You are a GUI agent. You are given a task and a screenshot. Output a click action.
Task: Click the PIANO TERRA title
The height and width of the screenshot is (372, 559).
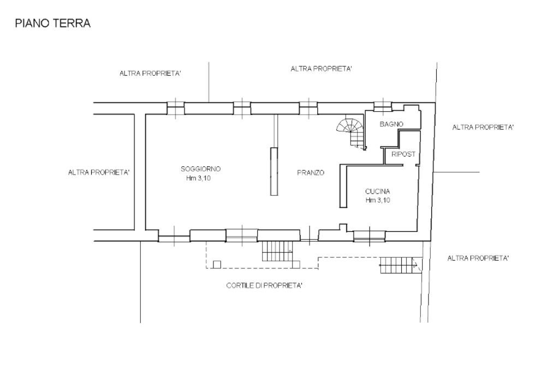click(53, 23)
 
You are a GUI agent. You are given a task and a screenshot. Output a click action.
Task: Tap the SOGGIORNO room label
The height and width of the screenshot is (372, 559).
click(201, 169)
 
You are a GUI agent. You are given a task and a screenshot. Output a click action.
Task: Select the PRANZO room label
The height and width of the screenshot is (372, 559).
click(311, 173)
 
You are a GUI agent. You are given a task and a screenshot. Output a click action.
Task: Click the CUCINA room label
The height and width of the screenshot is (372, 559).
click(378, 191)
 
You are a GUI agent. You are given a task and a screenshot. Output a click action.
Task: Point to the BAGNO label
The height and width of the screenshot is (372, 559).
click(391, 124)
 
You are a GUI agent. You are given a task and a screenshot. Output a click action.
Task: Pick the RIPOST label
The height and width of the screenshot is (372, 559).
click(403, 154)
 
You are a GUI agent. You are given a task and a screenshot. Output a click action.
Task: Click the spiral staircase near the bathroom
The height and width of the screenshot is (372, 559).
click(351, 133)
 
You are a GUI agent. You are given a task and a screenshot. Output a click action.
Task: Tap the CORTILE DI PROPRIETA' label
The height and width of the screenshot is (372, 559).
click(265, 285)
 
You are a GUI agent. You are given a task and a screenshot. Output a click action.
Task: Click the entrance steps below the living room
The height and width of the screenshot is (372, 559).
click(277, 251)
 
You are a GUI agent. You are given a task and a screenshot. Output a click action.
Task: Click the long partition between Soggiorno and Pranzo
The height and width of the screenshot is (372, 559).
click(274, 171)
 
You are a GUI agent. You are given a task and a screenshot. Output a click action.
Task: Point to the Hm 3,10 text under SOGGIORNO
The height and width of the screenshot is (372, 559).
click(199, 178)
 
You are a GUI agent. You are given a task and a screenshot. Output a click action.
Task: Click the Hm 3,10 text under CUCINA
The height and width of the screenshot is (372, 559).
click(378, 200)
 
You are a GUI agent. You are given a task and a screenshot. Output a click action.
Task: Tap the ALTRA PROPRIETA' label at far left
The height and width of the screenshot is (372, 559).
click(99, 172)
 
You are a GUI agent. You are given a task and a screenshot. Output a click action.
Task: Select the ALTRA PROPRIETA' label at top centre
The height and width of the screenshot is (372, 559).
click(322, 69)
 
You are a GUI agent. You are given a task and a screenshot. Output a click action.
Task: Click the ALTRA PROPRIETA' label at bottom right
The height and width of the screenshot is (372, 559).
click(478, 258)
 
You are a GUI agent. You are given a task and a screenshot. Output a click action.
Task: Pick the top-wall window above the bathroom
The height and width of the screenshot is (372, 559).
click(383, 105)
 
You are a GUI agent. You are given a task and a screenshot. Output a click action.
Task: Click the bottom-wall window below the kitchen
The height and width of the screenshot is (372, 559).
click(370, 236)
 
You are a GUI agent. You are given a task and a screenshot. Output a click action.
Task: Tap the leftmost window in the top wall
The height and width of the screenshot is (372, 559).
click(176, 107)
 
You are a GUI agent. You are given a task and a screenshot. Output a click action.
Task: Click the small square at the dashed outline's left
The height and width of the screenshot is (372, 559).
click(217, 265)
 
